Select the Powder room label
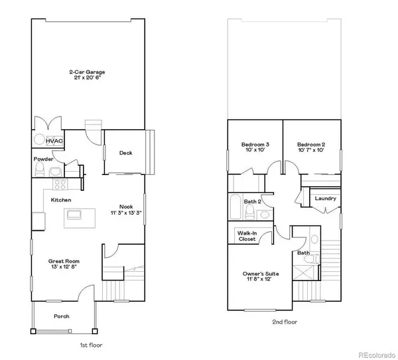pos(44,159)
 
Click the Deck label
pos(125,153)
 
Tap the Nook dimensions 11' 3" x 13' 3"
pos(126,213)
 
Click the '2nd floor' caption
pos(284,322)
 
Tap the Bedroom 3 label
pos(255,145)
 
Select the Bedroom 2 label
pos(310,145)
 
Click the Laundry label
pos(325,198)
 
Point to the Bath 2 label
pos(252,201)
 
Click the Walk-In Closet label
pos(248,235)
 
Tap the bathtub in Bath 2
pos(235,208)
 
